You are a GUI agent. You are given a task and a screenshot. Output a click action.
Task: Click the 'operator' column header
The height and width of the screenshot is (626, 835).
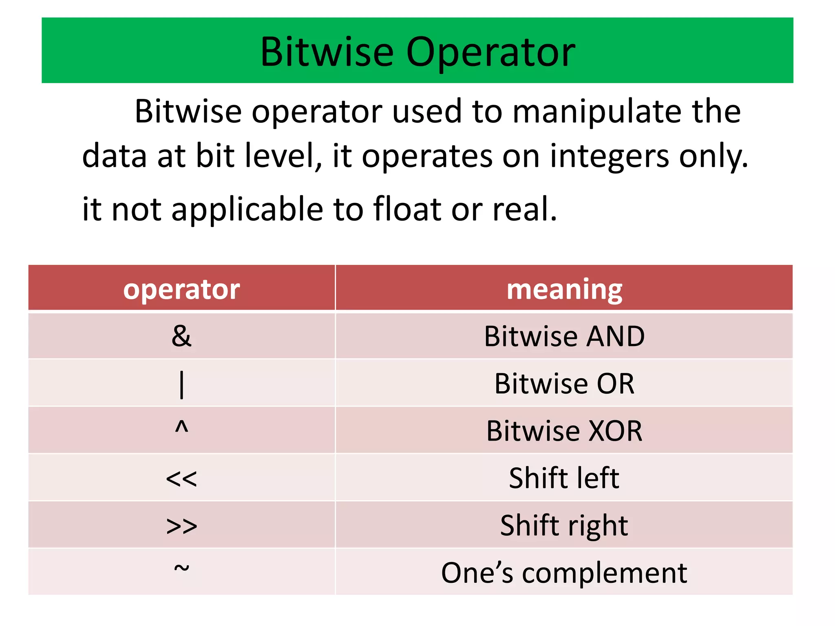pos(181,289)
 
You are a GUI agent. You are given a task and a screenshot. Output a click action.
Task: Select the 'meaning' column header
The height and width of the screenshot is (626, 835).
pos(564,289)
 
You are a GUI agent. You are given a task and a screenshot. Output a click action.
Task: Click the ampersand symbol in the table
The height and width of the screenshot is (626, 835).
pos(181,336)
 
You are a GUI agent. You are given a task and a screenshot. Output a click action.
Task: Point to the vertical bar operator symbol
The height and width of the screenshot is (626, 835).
pos(182,384)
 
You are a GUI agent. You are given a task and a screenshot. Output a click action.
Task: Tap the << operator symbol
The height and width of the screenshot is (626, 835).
pos(181,478)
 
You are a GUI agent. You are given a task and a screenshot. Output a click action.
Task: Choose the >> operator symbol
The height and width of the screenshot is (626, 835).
pos(181,526)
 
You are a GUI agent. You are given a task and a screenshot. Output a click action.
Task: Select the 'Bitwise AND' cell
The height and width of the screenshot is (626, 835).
pos(564,337)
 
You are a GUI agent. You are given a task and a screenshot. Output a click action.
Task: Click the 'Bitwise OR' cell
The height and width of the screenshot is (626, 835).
pos(564,384)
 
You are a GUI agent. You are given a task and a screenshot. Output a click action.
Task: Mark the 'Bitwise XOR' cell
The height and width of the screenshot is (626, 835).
pos(564,431)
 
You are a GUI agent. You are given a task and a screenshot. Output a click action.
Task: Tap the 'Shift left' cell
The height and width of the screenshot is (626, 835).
pos(564,478)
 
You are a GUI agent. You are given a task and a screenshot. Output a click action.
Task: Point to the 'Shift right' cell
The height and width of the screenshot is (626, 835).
pos(564,526)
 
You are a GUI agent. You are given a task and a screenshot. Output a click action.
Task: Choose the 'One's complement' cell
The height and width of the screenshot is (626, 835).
pos(564,573)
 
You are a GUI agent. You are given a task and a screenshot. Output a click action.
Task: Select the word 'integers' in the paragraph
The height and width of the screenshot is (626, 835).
pos(610,156)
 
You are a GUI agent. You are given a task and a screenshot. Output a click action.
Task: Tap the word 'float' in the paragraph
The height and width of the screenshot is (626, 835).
pos(408,209)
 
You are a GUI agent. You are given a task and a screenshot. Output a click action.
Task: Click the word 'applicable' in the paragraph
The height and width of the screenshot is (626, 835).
pos(247,209)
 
